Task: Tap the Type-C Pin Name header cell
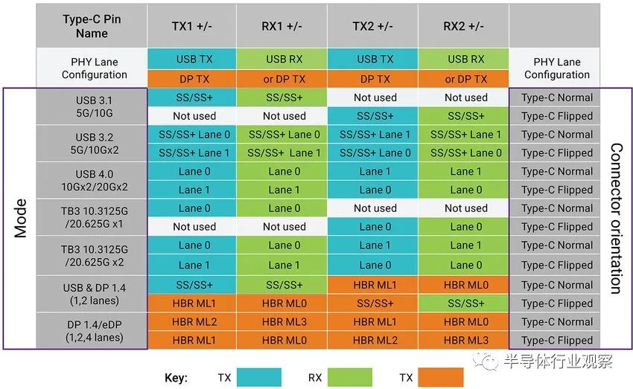coord(92,25)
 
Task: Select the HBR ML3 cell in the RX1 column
coord(284,322)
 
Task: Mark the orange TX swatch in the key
coord(441,377)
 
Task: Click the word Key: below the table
coord(176,378)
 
